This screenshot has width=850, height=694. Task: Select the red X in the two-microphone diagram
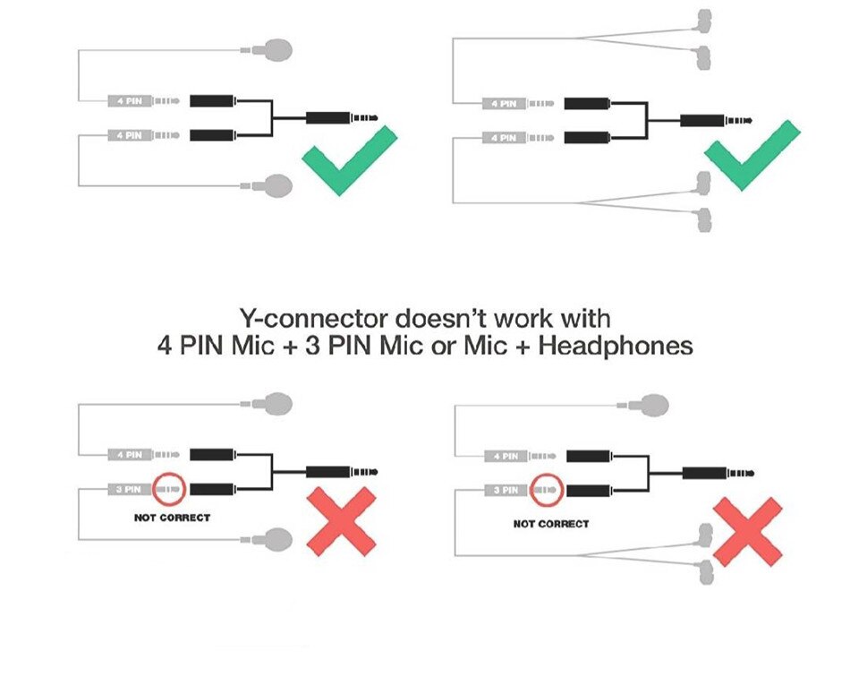(342, 522)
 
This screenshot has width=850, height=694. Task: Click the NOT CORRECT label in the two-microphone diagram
(172, 518)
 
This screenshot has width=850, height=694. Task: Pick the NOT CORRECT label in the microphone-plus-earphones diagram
(551, 523)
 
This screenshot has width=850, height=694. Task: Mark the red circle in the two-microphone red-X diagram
(167, 489)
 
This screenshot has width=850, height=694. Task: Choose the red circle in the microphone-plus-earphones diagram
(545, 490)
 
